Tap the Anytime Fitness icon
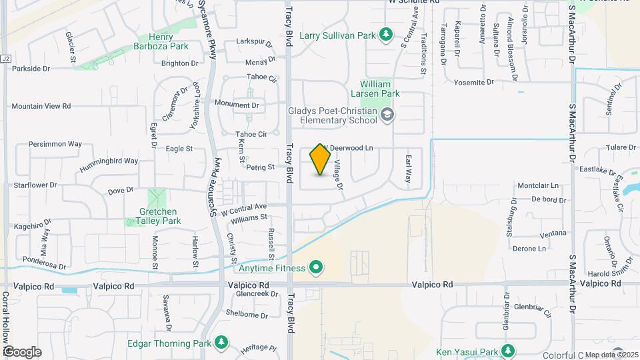click(317, 269)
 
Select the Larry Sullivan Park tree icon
click(385, 34)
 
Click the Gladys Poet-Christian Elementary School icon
click(387, 116)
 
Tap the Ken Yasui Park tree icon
click(508, 351)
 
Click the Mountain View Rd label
click(41, 106)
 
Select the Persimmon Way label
click(55, 143)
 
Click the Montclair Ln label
click(537, 185)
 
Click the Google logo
click(22, 351)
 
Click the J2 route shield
click(6, 59)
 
